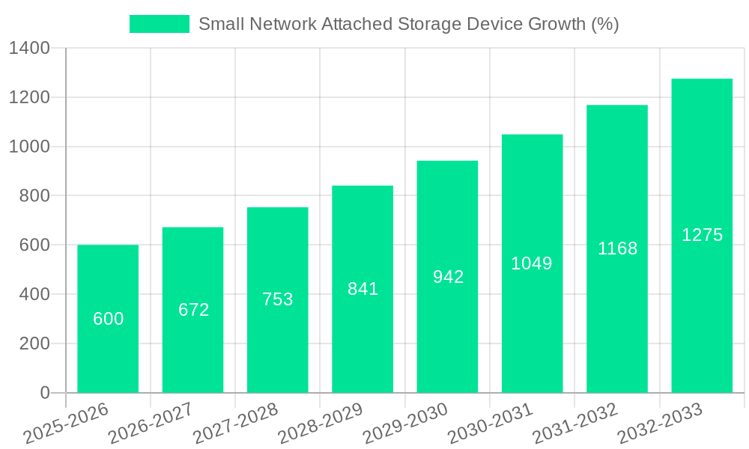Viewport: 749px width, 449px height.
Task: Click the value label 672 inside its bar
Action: coord(193,310)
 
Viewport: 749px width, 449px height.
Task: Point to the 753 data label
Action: coord(278,299)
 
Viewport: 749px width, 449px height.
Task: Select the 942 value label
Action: coord(448,277)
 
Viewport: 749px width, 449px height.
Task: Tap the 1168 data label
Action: coord(617,248)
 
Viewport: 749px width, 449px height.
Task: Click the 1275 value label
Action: coord(702,235)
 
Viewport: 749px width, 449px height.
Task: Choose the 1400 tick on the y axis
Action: coord(29,49)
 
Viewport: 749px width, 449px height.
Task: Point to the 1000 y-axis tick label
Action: coord(29,147)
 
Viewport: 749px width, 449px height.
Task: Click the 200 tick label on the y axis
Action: coord(34,343)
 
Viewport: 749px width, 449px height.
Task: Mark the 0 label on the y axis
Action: coord(44,393)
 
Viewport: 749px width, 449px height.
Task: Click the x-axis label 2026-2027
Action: coord(150,423)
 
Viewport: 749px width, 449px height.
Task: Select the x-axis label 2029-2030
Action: coord(404,423)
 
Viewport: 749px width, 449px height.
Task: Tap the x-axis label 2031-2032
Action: coord(574,423)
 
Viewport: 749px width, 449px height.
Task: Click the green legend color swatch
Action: coord(160,24)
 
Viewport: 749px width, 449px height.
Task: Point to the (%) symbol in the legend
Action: coord(604,24)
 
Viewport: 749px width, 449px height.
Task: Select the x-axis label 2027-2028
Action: coord(235,423)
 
